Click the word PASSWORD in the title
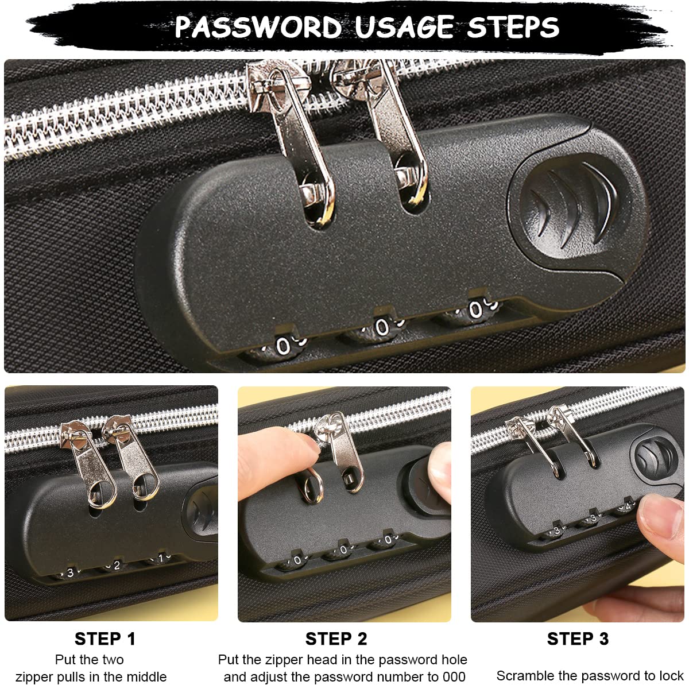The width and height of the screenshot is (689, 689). pos(258,27)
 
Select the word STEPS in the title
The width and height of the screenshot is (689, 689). pos(513,27)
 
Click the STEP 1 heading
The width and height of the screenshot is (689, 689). pos(105,638)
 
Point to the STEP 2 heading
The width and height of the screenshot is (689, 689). pos(336,638)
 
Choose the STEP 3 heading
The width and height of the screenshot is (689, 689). pos(578,638)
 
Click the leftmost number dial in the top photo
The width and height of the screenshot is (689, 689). pos(283,345)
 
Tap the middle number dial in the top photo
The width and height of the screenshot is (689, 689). pos(381,327)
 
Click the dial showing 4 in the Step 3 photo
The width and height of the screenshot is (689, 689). pos(628,506)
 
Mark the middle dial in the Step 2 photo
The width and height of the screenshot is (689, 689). pos(343,550)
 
